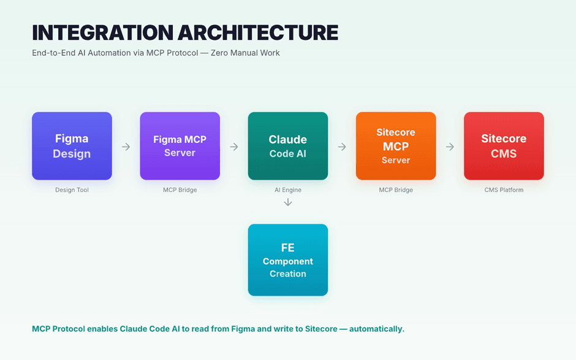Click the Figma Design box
72,146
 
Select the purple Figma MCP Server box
180,146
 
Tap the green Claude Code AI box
287,146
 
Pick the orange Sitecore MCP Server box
395,146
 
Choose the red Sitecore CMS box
503,146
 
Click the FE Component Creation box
287,260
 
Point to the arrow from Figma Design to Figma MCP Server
126,147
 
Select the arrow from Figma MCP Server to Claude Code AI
233,147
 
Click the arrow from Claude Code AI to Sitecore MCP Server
342,147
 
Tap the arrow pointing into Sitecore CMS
450,147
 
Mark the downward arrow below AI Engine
288,202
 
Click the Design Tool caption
72,190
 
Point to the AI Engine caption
287,190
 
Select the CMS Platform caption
504,190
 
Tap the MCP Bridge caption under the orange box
395,190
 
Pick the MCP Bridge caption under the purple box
180,190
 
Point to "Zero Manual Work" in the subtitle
245,53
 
